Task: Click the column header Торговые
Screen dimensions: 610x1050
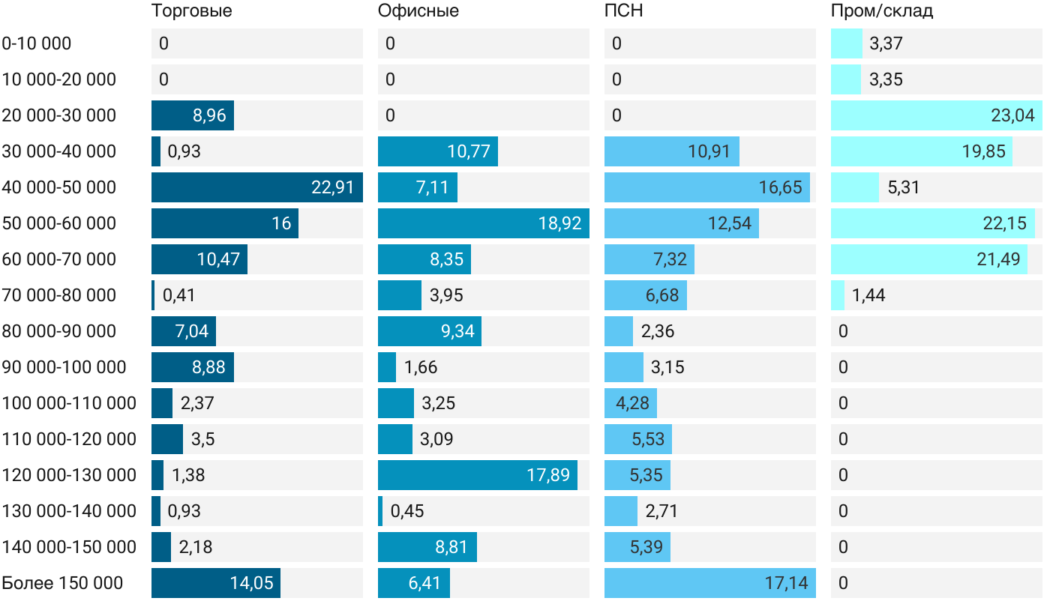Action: [x=191, y=11]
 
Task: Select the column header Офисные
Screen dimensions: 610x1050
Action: [x=418, y=11]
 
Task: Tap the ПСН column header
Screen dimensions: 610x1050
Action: [x=624, y=11]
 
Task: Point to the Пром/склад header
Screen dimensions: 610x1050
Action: [x=882, y=11]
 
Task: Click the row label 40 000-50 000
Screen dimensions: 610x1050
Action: [x=59, y=187]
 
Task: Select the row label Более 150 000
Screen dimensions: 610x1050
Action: [x=62, y=583]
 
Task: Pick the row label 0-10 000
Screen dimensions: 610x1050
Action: [x=37, y=43]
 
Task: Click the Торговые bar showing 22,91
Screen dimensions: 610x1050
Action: [x=256, y=187]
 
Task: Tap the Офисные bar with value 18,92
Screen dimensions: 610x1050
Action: [x=483, y=223]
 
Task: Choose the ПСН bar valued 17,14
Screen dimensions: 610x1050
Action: [x=709, y=583]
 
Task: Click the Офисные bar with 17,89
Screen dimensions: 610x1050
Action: [x=477, y=475]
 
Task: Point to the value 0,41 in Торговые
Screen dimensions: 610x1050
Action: [x=178, y=295]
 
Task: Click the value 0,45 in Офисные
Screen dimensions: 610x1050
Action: [x=407, y=511]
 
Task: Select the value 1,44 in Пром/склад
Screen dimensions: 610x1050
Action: [x=868, y=295]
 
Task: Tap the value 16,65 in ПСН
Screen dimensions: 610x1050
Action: [x=780, y=187]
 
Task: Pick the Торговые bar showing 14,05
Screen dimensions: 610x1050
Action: [x=216, y=583]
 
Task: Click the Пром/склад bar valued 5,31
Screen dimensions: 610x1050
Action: [x=855, y=187]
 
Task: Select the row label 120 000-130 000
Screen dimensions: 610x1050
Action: [x=69, y=475]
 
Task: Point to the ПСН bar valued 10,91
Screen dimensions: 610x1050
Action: [x=671, y=151]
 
